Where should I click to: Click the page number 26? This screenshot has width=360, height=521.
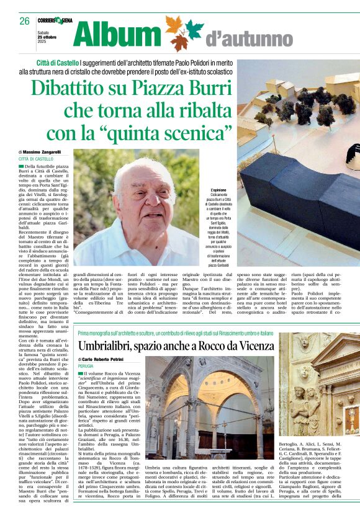click(24, 21)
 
